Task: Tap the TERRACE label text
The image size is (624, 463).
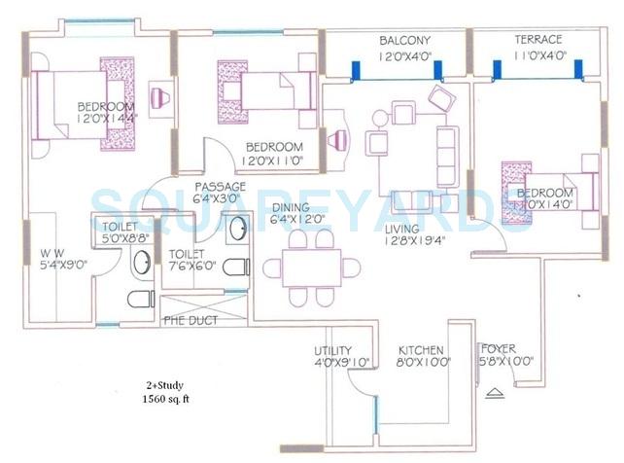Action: (x=537, y=40)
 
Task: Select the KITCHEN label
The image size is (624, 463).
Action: (x=421, y=350)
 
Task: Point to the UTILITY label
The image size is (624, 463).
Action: (x=332, y=350)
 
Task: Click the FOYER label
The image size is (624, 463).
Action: (x=499, y=349)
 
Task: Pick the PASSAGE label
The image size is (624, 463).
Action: (x=220, y=186)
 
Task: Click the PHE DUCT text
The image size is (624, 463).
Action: (x=191, y=320)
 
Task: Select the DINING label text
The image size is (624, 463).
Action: (x=291, y=207)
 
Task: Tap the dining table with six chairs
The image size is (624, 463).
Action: (x=303, y=267)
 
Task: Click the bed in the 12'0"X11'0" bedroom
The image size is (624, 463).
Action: (x=264, y=93)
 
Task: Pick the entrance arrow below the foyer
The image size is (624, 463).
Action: (x=497, y=392)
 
